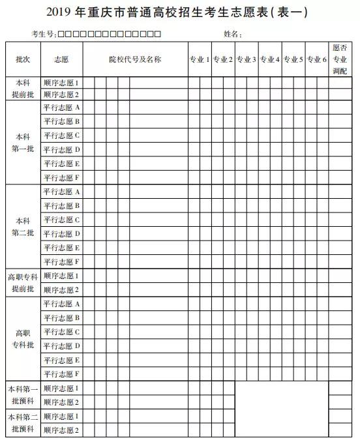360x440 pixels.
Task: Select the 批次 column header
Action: click(x=23, y=59)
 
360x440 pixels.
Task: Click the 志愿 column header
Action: click(x=61, y=59)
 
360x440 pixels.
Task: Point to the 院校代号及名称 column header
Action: click(x=134, y=59)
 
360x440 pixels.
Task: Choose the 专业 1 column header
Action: click(x=199, y=59)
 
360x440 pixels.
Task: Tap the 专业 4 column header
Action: click(x=269, y=59)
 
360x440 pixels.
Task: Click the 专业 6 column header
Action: click(x=316, y=59)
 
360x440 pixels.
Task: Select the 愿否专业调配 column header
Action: click(x=340, y=59)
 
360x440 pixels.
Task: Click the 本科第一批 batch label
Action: click(x=23, y=143)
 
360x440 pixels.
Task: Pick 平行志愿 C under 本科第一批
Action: click(x=61, y=136)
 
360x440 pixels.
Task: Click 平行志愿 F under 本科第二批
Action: click(x=61, y=261)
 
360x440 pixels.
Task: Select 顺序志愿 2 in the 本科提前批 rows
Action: click(x=61, y=94)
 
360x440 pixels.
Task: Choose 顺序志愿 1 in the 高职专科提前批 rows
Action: click(x=61, y=276)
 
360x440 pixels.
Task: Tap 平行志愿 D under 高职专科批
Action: click(x=61, y=345)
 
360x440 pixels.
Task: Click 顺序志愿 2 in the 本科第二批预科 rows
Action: click(x=61, y=430)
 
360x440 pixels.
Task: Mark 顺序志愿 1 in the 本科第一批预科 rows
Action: click(x=61, y=388)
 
